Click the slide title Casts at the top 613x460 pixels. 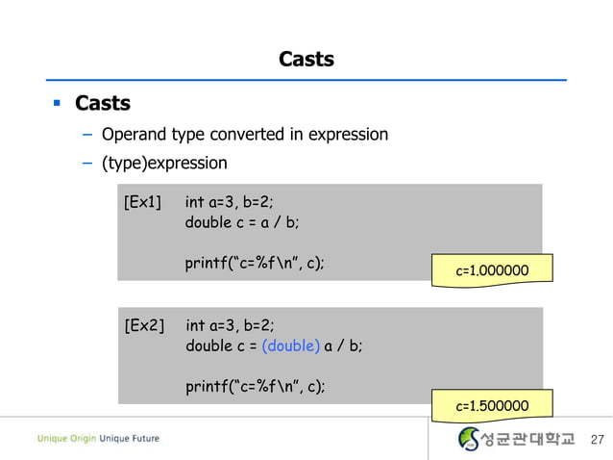click(306, 59)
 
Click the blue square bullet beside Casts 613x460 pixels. click(57, 102)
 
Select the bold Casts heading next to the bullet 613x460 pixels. click(103, 102)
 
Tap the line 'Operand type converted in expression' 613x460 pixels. click(244, 134)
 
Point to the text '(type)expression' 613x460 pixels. click(164, 163)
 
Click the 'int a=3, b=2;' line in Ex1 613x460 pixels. click(230, 202)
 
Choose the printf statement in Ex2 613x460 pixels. click(255, 386)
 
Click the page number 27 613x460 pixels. click(597, 440)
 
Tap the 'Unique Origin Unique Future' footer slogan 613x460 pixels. click(98, 439)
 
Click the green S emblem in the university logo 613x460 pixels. click(468, 440)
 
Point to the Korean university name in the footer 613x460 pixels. click(530, 440)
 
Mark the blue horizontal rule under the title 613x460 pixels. click(306, 80)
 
